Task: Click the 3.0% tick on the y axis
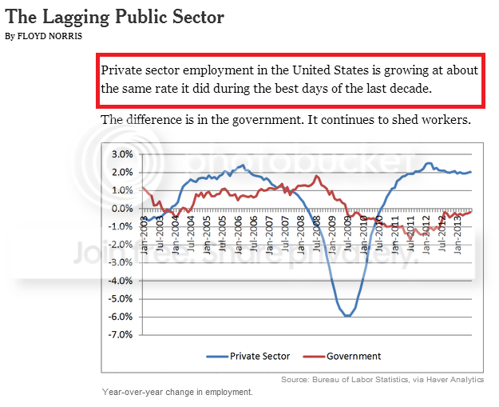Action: click(121, 154)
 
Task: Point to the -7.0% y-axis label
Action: click(121, 335)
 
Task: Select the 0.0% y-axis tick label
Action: click(121, 208)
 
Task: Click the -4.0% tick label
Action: click(121, 281)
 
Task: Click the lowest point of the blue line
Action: click(347, 316)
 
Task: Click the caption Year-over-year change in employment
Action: click(177, 392)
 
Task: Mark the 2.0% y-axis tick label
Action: click(121, 172)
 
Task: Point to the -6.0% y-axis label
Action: click(121, 317)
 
